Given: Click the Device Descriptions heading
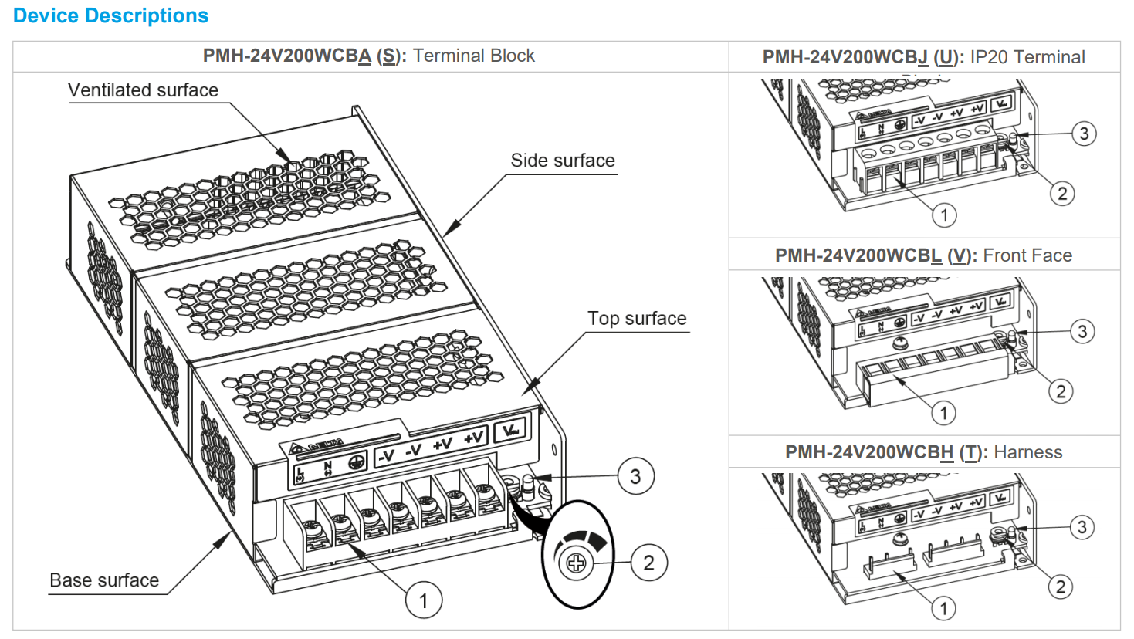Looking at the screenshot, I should (110, 15).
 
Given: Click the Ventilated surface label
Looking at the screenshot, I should (143, 90).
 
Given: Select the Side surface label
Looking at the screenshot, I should (562, 161).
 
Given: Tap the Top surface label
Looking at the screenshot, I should (636, 319).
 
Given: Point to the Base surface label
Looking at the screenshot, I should (104, 580).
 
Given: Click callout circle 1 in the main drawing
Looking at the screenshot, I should (423, 600).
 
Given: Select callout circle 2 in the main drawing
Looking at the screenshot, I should (648, 563).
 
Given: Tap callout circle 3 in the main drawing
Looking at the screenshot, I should (635, 476).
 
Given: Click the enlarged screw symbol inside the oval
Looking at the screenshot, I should (576, 563).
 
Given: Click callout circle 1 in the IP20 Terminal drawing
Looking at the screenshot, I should (944, 215).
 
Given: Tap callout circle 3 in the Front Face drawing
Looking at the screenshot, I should (1082, 331).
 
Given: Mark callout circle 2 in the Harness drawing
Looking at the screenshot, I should (1061, 587).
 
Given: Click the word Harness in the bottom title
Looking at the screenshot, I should (1027, 452).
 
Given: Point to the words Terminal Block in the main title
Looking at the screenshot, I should (473, 56).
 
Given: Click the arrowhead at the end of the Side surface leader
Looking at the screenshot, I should (450, 228).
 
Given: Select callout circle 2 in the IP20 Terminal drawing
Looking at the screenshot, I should (1062, 193).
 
